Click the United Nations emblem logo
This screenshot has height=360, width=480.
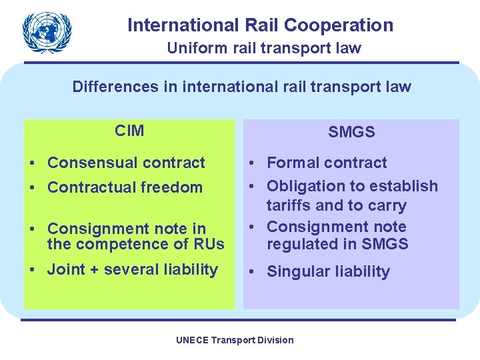47,33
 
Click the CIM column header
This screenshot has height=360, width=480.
129,131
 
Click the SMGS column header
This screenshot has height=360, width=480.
351,132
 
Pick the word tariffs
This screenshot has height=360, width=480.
289,205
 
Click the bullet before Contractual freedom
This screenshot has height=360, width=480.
33,188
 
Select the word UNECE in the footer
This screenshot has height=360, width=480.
191,340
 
